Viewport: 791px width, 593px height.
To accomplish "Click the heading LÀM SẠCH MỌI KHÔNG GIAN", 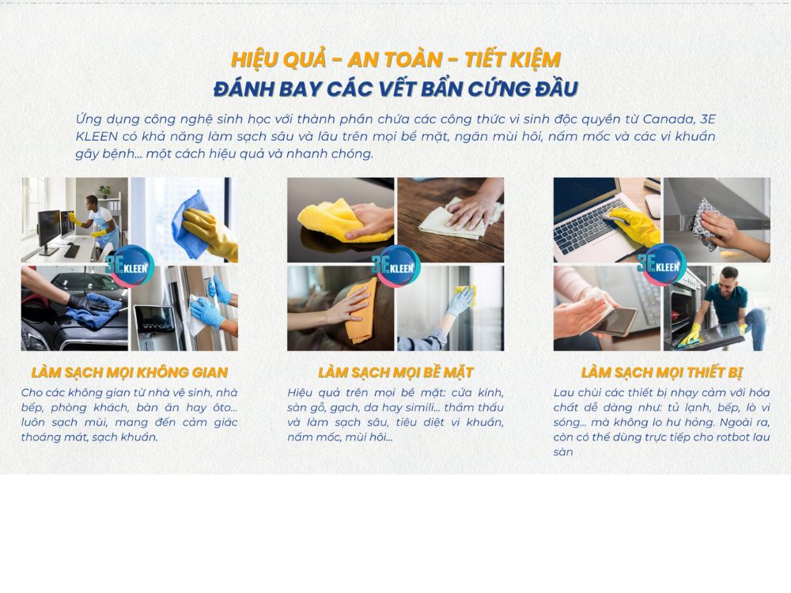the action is click(130, 372).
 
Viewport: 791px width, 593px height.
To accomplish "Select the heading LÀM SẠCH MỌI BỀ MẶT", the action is click(395, 372).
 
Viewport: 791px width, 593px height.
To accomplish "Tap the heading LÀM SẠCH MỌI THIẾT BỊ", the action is click(662, 372).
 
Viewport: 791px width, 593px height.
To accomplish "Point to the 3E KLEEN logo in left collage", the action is click(130, 266).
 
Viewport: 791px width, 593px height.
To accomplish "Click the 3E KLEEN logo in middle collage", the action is click(396, 266).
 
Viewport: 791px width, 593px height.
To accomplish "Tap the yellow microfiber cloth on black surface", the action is click(343, 221).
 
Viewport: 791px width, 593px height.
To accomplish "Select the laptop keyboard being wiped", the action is click(588, 229).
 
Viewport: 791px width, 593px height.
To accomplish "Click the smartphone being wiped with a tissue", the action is click(614, 321).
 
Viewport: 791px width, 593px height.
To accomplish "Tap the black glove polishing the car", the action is click(89, 303).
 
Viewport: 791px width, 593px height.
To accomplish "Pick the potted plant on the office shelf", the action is click(104, 191).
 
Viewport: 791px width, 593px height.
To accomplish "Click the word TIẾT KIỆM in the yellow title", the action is click(513, 59).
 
